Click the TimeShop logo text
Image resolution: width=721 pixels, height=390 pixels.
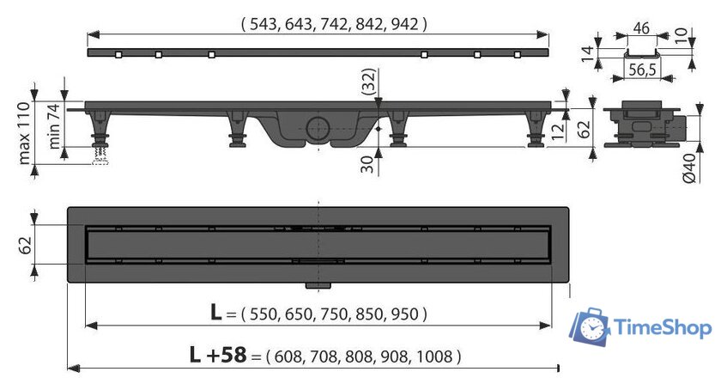click(663, 328)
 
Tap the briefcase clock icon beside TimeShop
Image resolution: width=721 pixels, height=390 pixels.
click(590, 326)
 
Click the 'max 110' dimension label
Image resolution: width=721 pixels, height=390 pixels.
click(24, 133)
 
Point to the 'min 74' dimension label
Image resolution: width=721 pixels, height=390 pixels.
click(54, 125)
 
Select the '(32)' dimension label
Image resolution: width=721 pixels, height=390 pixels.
click(369, 82)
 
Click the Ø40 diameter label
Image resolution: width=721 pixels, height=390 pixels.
click(690, 168)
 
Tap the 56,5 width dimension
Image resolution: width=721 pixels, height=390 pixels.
click(642, 70)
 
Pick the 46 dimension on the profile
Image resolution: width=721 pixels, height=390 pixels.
click(641, 28)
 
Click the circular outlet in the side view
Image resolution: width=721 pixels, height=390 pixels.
click(318, 129)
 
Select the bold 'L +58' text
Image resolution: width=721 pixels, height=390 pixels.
click(218, 355)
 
